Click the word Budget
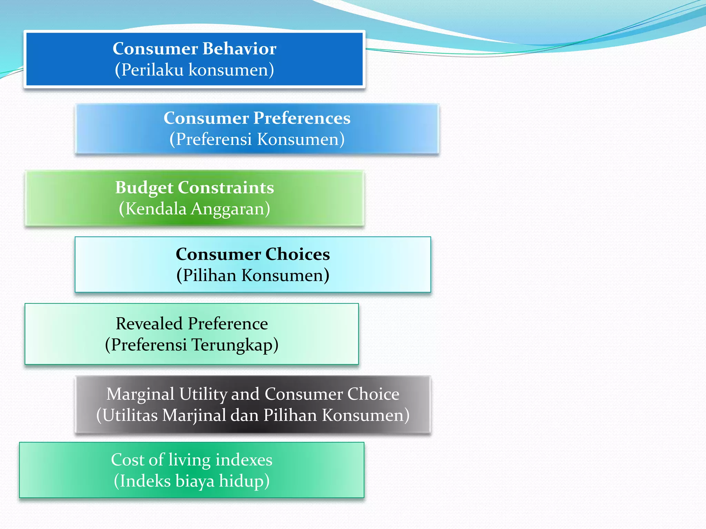point(144,188)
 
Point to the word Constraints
point(226,188)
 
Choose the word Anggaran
point(230,209)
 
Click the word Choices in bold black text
point(297,254)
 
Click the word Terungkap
point(234,345)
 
